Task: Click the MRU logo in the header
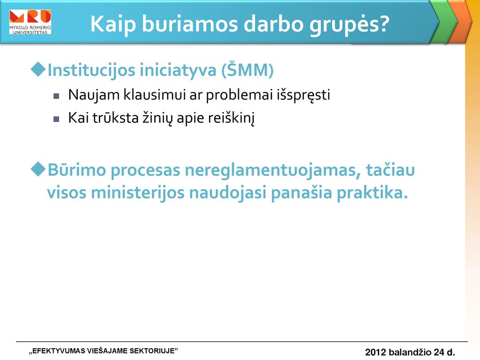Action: pyautogui.click(x=30, y=22)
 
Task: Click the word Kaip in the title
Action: pyautogui.click(x=113, y=24)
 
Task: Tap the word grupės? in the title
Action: pyautogui.click(x=349, y=24)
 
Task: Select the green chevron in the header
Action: pyautogui.click(x=443, y=22)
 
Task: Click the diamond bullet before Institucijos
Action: pyautogui.click(x=38, y=69)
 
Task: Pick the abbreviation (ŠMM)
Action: pyautogui.click(x=247, y=70)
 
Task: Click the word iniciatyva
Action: pyautogui.click(x=178, y=70)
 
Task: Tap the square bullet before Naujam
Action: pyautogui.click(x=56, y=96)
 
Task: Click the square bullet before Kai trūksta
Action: pyautogui.click(x=56, y=119)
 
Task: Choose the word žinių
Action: pyautogui.click(x=157, y=118)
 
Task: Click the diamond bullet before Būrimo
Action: pyautogui.click(x=38, y=169)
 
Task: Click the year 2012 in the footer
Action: pyautogui.click(x=375, y=352)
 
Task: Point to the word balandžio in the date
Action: pyautogui.click(x=410, y=352)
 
